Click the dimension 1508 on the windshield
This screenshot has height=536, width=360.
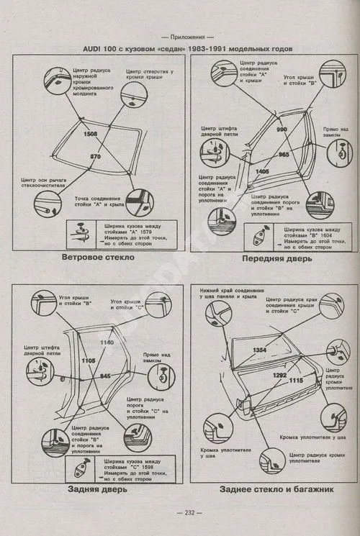tap(90, 135)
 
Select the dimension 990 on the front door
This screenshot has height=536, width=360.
tap(282, 129)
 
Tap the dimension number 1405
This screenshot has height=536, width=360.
tap(263, 172)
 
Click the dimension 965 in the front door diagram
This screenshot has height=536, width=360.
tap(284, 155)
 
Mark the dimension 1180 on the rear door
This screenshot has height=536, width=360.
tap(107, 342)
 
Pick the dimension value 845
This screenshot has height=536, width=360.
tap(105, 376)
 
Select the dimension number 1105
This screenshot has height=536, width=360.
tap(89, 360)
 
